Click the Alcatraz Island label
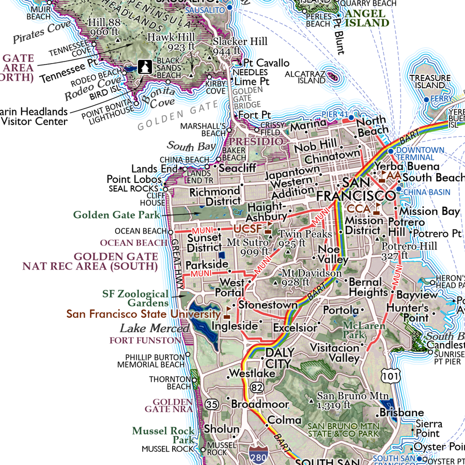click(x=305, y=78)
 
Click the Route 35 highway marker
click(x=211, y=405)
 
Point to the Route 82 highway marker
click(x=256, y=386)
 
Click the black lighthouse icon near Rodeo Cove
click(x=144, y=67)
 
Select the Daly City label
click(x=280, y=358)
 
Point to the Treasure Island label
click(x=427, y=82)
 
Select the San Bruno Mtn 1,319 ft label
click(x=352, y=400)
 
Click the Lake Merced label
click(x=154, y=329)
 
